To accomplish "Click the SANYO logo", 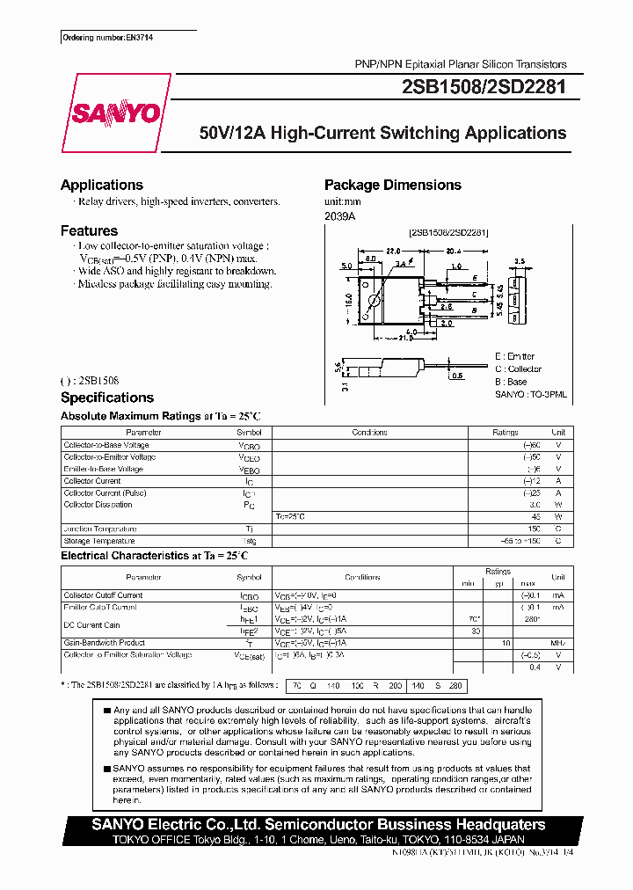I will (116, 113).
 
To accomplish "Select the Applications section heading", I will (101, 185).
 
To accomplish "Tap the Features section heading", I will (89, 230).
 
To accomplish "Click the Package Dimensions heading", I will (392, 185).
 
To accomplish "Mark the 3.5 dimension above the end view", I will (520, 262).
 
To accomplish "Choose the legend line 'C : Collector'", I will (519, 369).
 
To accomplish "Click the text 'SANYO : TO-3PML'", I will (531, 396).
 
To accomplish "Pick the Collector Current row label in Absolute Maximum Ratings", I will (91, 481).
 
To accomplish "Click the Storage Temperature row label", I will (99, 541).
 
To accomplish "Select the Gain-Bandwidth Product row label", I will (104, 643).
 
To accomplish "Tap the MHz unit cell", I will (557, 643).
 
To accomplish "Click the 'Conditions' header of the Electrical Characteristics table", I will (361, 578).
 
